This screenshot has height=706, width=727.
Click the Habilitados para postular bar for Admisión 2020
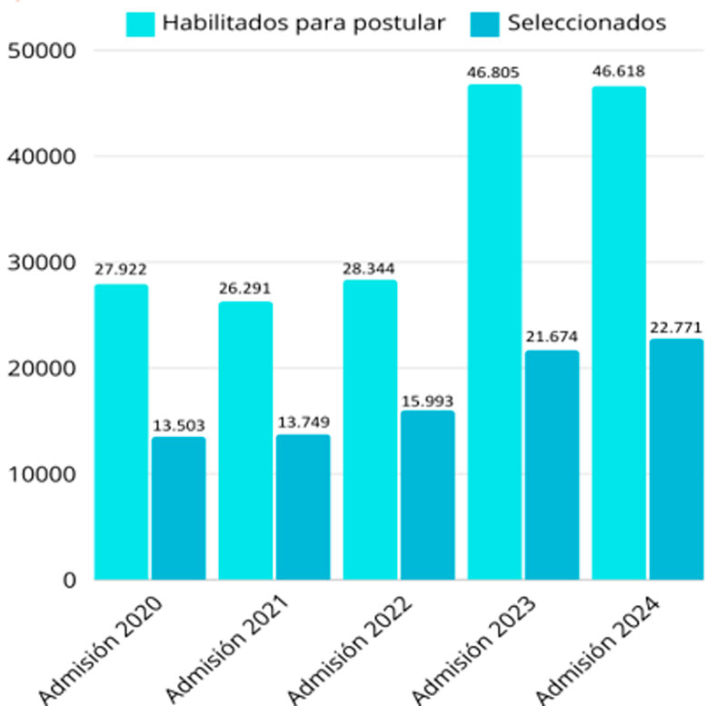(121, 432)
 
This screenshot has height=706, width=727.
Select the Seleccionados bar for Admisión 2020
(178, 508)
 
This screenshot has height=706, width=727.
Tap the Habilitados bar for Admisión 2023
(495, 332)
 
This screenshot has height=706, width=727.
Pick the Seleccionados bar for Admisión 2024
(675, 459)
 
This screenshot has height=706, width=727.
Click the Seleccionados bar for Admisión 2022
(427, 495)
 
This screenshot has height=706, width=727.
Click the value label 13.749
(304, 422)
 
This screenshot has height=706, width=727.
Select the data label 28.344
(370, 269)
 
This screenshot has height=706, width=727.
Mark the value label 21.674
(552, 337)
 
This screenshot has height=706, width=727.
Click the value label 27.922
(121, 269)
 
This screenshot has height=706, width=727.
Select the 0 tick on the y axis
(70, 580)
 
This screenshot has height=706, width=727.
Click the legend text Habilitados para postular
(304, 22)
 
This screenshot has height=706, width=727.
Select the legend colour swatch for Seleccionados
(485, 23)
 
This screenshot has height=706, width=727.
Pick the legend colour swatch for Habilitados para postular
(141, 23)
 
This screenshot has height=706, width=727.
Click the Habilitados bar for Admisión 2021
(245, 441)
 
